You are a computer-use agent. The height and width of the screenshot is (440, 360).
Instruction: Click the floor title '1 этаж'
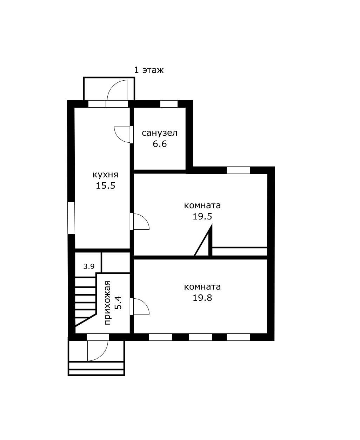149,70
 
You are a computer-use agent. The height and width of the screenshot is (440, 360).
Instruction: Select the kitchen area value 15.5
106,185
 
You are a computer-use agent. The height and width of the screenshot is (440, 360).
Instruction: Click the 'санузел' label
160,133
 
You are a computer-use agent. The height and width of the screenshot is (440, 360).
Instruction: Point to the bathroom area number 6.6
160,144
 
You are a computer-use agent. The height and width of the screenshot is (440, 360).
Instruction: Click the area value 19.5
202,216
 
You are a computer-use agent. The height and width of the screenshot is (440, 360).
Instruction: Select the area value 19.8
202,298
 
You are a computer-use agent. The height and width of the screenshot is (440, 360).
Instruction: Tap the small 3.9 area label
89,266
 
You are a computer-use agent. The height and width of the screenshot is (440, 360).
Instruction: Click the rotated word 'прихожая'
107,303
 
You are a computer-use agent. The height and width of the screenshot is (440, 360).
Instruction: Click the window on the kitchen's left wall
72,218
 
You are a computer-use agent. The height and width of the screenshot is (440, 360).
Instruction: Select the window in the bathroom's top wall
169,104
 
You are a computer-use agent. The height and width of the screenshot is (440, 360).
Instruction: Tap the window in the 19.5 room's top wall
238,170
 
